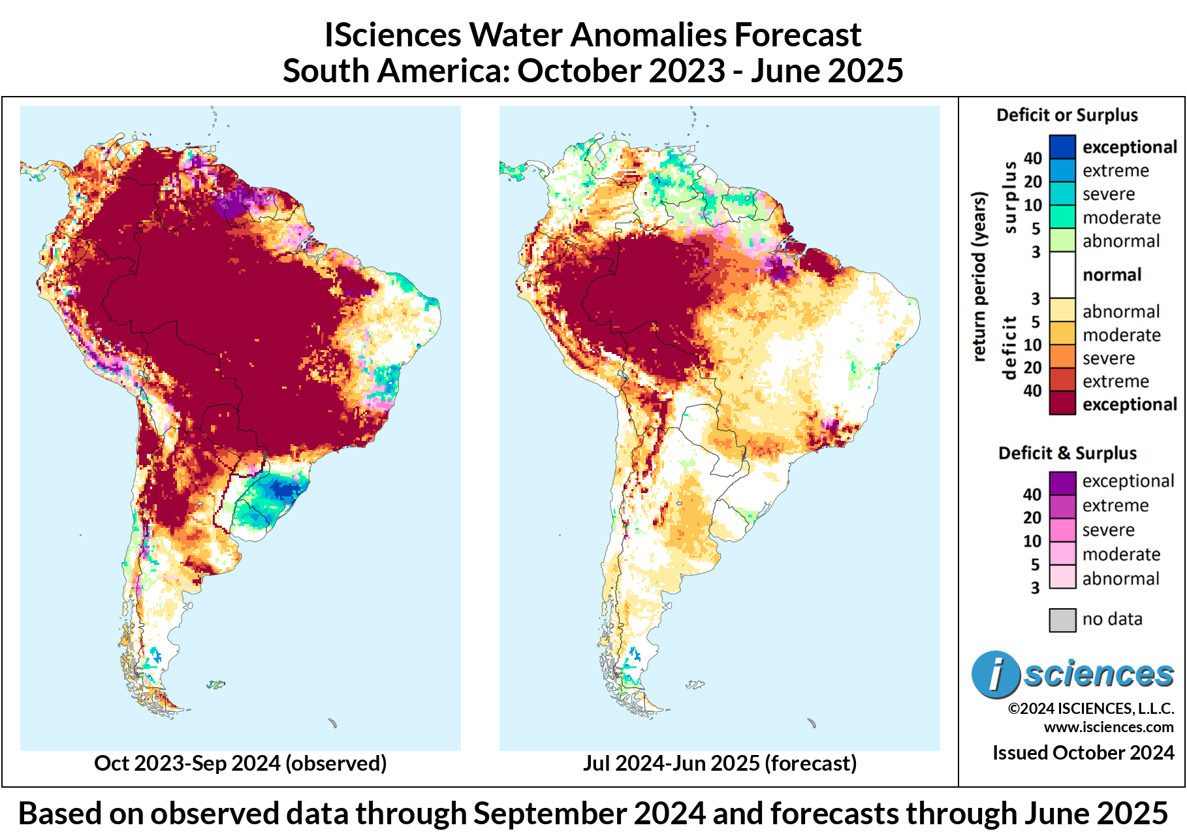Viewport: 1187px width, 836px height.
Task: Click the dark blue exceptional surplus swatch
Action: point(1062,147)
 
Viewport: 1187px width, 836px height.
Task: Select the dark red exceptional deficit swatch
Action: point(1062,403)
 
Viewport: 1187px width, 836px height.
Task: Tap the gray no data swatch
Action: point(1062,620)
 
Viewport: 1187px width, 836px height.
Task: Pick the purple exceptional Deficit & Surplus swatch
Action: point(1062,483)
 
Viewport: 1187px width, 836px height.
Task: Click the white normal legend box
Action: point(1062,275)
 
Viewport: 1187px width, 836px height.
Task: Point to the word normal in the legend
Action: point(1112,275)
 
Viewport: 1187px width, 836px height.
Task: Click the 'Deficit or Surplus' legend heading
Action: point(1067,116)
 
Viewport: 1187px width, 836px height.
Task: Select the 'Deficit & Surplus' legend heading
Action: point(1067,453)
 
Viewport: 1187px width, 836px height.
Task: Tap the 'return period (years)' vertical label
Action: point(978,276)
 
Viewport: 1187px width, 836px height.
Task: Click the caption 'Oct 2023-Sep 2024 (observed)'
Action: point(240,763)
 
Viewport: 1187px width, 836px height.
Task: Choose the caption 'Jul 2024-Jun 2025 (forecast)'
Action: point(720,763)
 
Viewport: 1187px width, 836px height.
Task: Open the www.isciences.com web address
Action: point(1109,727)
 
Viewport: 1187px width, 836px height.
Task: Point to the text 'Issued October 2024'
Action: point(1083,752)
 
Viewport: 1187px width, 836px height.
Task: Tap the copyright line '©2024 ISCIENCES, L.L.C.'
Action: point(1091,709)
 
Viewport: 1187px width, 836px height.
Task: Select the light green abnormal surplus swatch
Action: point(1062,240)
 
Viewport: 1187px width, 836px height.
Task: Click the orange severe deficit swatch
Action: point(1062,357)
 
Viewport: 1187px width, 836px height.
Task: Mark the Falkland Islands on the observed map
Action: point(215,684)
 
